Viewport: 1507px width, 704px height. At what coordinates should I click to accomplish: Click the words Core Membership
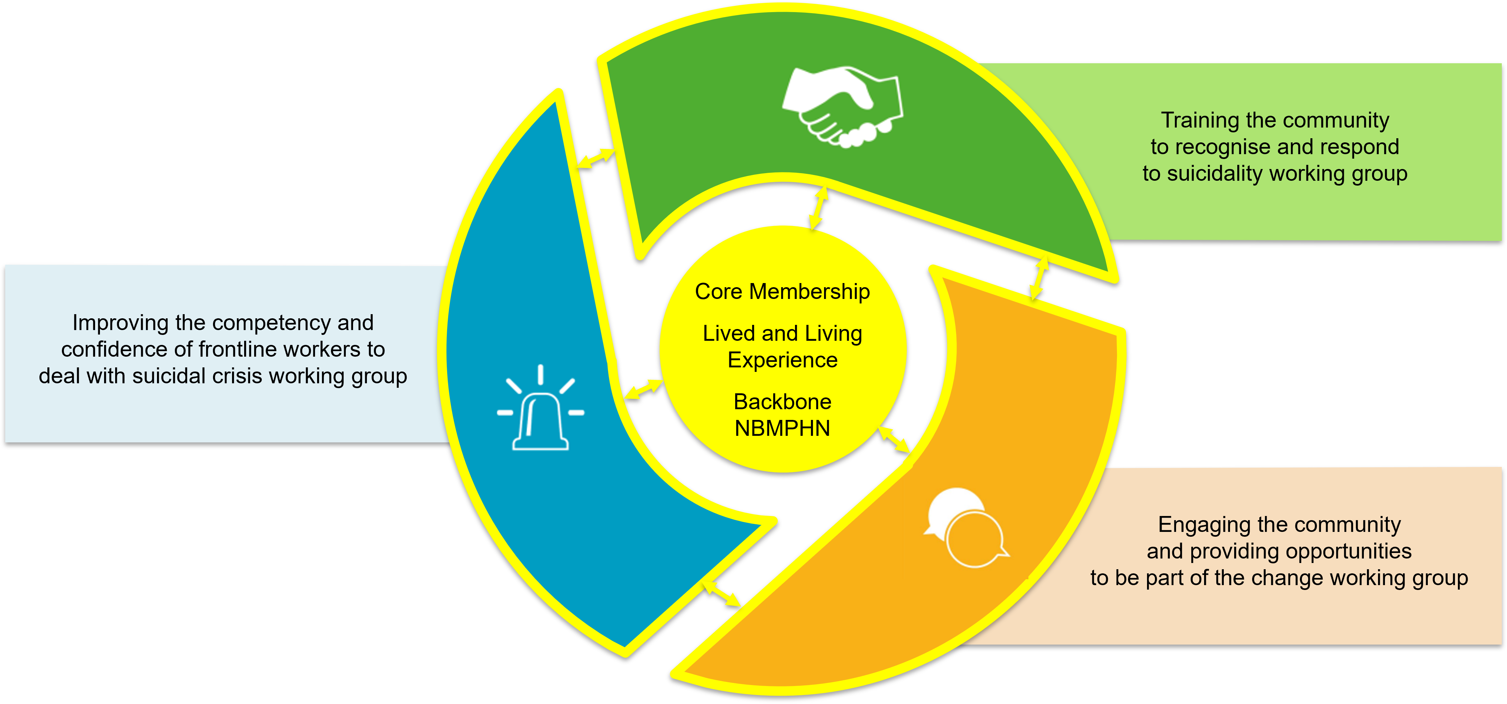pos(782,291)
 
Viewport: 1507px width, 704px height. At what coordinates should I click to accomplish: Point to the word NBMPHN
pos(782,429)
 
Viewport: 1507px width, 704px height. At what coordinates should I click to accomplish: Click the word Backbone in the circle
pos(782,402)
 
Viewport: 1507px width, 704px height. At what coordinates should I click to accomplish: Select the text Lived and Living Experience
pos(782,346)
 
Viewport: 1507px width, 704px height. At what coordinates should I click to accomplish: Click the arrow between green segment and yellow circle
pos(819,208)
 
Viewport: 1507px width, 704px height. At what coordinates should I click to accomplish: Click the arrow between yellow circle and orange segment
pos(895,440)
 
